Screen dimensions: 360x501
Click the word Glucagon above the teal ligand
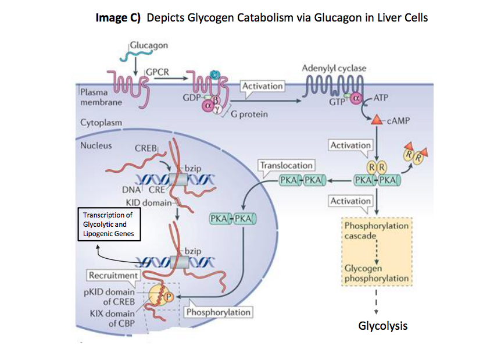[x=149, y=45]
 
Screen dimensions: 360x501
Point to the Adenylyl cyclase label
[x=334, y=68]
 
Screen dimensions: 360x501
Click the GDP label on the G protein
[x=191, y=97]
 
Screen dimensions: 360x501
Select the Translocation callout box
[x=287, y=165]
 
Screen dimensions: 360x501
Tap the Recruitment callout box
[x=113, y=275]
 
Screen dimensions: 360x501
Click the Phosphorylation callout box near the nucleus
[x=218, y=312]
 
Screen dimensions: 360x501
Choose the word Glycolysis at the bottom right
[x=382, y=326]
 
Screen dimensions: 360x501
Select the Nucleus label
[x=96, y=145]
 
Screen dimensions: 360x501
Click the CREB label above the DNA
[x=146, y=148]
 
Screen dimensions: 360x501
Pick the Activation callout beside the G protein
[x=262, y=86]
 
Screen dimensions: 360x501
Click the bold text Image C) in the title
[x=119, y=17]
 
